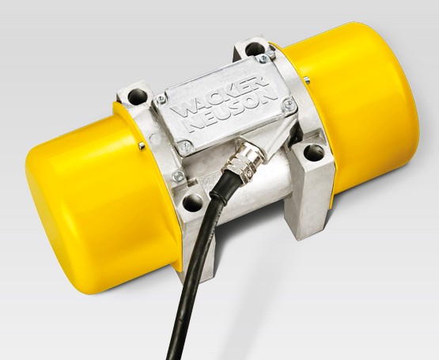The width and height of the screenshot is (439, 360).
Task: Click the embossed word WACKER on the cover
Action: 220,94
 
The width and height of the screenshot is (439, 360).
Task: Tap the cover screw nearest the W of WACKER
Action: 161,99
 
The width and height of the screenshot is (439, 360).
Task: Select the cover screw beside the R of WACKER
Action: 263,59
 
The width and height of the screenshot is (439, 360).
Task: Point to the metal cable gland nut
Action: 243,161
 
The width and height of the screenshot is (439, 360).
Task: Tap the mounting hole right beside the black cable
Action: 193,203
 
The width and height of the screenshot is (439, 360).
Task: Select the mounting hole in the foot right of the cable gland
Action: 314,153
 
